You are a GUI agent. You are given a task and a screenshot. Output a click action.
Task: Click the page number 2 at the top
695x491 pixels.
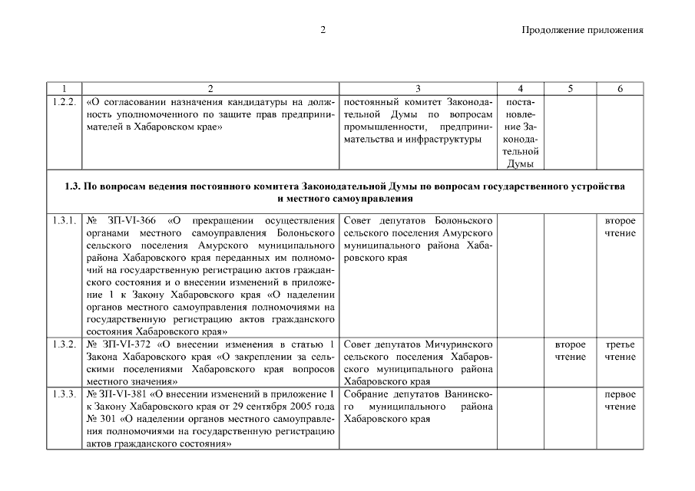324,30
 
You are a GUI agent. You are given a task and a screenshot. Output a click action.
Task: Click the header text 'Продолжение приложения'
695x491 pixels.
582,30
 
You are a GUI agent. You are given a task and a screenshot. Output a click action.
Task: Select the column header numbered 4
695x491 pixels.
521,88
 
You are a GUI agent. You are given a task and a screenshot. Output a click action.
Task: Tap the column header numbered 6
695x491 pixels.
620,88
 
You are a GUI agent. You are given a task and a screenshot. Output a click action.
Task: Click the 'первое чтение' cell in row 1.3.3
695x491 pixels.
620,400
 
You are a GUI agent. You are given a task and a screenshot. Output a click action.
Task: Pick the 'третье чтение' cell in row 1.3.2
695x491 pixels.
620,351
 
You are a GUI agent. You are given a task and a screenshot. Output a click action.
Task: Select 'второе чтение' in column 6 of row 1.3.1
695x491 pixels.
620,227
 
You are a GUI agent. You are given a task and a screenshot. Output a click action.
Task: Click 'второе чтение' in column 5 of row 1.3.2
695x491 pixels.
570,351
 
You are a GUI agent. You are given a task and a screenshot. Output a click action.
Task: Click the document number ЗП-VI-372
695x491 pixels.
128,344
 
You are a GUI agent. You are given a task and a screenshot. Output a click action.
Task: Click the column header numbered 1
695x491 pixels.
65,88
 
